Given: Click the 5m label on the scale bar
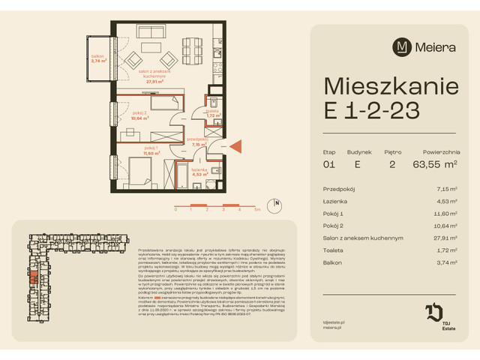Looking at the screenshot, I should pos(256,211).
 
